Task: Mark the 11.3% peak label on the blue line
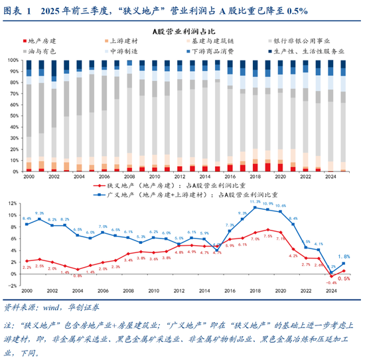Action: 255,200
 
